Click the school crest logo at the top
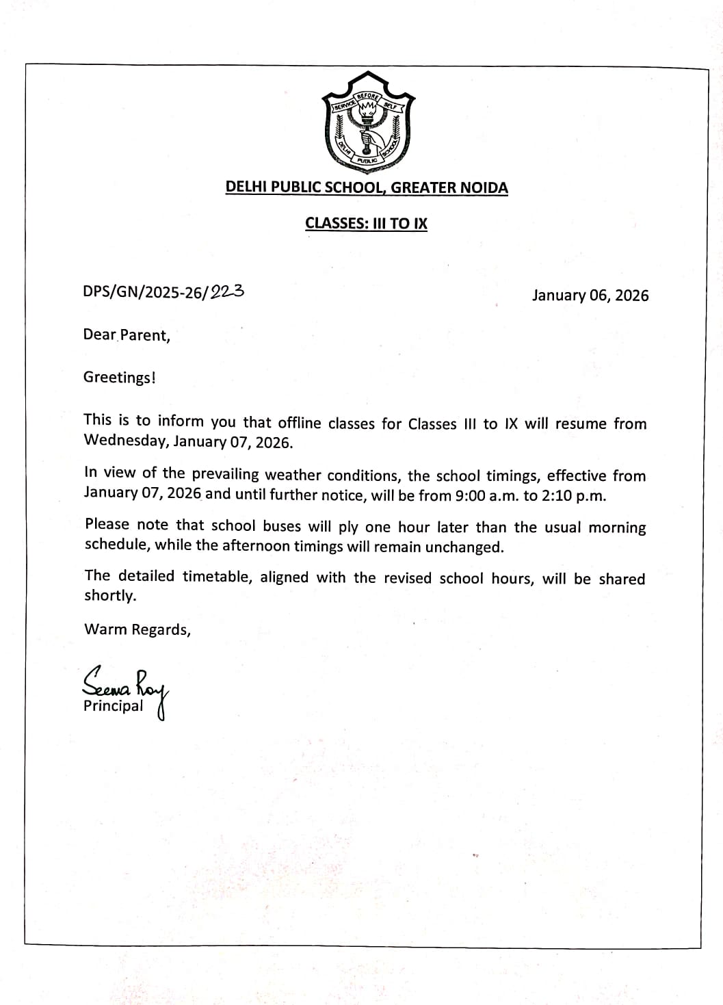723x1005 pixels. pos(367,127)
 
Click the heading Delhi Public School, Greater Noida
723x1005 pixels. pos(367,187)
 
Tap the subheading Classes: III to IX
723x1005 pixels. pos(366,223)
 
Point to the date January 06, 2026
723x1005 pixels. pos(590,296)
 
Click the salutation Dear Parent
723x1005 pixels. pos(127,335)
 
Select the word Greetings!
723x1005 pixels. pos(120,378)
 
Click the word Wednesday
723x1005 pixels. pos(125,441)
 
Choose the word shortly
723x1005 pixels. pos(110,595)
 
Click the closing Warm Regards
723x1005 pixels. pos(137,630)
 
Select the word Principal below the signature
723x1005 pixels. pos(114,706)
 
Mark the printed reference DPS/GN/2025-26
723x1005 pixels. pos(144,292)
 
